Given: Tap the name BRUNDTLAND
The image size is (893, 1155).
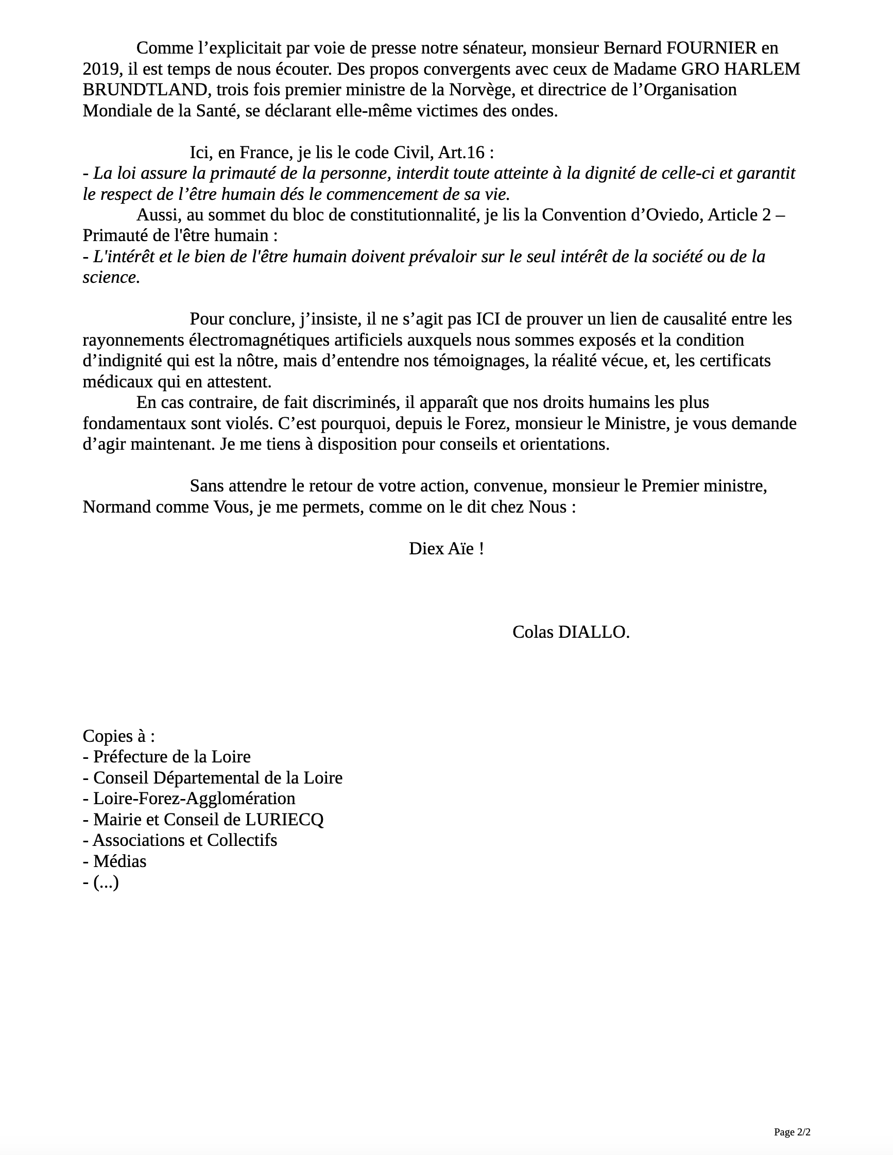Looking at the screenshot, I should [x=144, y=90].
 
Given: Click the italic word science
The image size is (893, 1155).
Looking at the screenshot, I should [x=110, y=277].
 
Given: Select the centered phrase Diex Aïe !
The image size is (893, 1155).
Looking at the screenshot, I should [x=446, y=549].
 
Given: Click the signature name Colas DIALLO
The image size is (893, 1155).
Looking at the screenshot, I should [x=571, y=632].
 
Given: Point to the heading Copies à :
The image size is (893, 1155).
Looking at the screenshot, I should [x=119, y=736].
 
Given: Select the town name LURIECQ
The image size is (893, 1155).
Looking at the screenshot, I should [x=284, y=820].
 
